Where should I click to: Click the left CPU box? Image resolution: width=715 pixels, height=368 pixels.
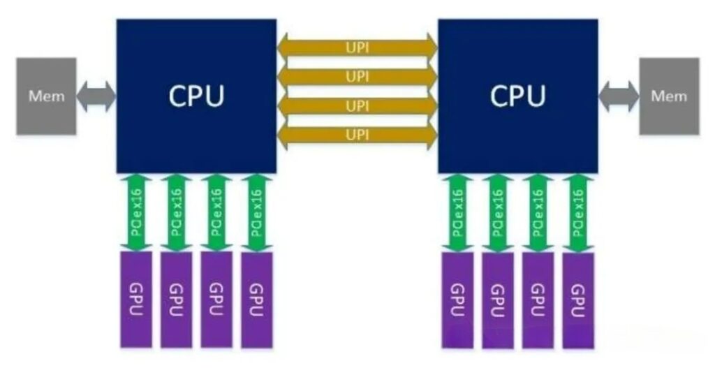tap(196, 96)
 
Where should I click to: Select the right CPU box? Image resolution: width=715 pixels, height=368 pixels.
tap(517, 96)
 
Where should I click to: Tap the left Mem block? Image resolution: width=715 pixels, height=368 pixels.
tap(46, 96)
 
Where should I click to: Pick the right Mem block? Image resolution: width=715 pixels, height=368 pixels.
tap(669, 96)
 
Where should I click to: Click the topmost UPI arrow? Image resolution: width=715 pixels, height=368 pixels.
tap(357, 47)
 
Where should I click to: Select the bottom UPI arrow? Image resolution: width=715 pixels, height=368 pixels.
tap(357, 135)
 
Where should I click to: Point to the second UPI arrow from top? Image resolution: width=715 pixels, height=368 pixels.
tap(357, 77)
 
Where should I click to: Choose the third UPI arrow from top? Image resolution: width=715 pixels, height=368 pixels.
tap(357, 106)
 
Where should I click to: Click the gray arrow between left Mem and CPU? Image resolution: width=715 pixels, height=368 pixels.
tap(96, 96)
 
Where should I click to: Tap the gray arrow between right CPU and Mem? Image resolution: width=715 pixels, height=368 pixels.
tap(619, 96)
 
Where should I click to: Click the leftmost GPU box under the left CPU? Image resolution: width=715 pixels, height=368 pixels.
tap(136, 300)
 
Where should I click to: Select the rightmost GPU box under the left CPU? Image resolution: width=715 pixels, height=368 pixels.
tap(257, 300)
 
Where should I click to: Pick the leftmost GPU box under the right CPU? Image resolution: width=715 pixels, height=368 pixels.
tap(457, 300)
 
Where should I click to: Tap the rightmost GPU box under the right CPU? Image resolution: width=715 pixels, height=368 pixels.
tap(578, 300)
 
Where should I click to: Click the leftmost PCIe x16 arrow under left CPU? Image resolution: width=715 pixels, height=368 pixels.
tap(136, 212)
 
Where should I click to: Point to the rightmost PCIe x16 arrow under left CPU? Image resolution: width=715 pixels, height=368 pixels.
tap(257, 212)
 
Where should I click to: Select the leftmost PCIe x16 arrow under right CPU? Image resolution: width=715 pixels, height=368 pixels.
tap(457, 212)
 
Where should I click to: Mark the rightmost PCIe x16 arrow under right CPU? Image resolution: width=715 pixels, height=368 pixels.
tap(578, 212)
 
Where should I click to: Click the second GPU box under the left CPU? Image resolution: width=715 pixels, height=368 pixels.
tap(176, 300)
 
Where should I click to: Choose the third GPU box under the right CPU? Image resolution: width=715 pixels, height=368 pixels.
tap(538, 300)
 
